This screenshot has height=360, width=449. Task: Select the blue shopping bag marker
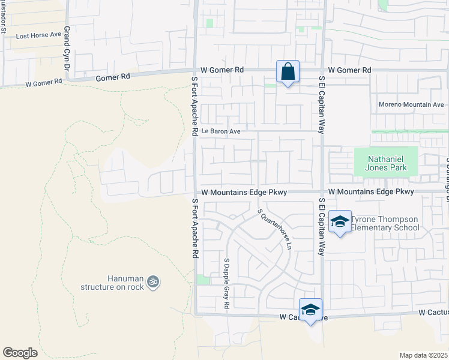coord(288,71)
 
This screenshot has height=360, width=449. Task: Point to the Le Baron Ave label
coord(220,131)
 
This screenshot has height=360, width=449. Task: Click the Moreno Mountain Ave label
coord(411,104)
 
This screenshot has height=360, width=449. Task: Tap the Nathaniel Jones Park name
coord(385,163)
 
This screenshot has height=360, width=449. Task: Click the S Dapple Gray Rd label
coord(227,284)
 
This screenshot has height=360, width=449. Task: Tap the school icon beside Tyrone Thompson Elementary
coord(340,223)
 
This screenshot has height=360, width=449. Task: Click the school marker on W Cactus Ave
coord(310,310)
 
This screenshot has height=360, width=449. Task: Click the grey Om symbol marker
coord(153,281)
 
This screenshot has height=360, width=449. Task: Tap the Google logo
coord(20,353)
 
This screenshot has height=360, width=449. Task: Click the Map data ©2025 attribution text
coord(423,355)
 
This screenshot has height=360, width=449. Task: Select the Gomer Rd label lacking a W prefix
coord(113,77)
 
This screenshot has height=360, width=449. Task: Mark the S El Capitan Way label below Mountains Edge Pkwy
coord(321,226)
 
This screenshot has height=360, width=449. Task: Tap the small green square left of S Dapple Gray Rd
coord(203,280)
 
